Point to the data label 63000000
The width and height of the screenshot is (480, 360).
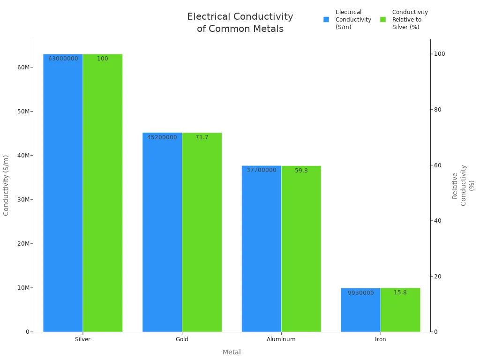click(x=63, y=59)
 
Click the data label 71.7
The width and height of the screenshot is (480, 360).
click(x=202, y=137)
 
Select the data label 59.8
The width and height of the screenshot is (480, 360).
click(x=301, y=171)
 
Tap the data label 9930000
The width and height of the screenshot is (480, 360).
click(x=360, y=293)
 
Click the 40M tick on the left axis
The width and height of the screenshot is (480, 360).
click(x=23, y=156)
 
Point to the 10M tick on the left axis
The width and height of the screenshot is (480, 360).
click(x=23, y=288)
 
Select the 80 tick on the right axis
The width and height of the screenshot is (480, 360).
click(x=438, y=110)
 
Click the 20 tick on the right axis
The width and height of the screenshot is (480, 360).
click(x=438, y=277)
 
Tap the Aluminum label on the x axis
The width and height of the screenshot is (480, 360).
click(x=281, y=339)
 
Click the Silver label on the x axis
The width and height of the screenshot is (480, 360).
click(x=82, y=339)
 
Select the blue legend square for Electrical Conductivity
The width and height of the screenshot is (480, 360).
click(x=326, y=20)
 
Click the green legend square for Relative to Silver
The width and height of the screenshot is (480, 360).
click(x=383, y=20)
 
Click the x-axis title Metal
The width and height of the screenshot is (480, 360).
click(x=232, y=352)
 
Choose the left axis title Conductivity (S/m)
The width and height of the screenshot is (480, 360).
click(x=6, y=185)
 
